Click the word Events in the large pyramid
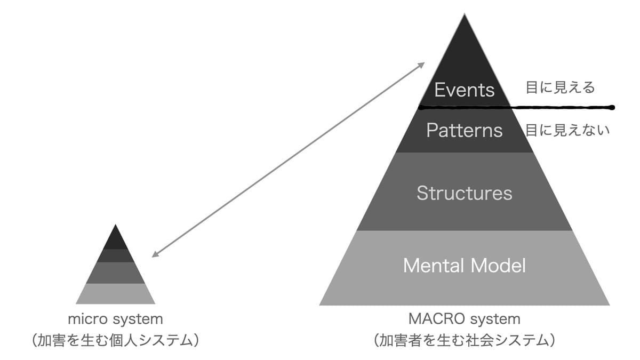[464, 90]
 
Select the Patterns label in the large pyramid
[464, 130]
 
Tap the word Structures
[464, 193]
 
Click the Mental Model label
[464, 265]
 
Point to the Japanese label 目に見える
[560, 87]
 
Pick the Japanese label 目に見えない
[567, 130]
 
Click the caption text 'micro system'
[115, 319]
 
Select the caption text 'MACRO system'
[464, 319]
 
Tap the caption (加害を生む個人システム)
[115, 340]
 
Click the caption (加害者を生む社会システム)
[464, 340]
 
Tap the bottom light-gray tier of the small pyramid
[115, 293]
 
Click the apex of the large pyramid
[465, 16]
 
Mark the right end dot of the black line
[612, 108]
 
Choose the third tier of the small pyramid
[115, 273]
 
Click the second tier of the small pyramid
[115, 255]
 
